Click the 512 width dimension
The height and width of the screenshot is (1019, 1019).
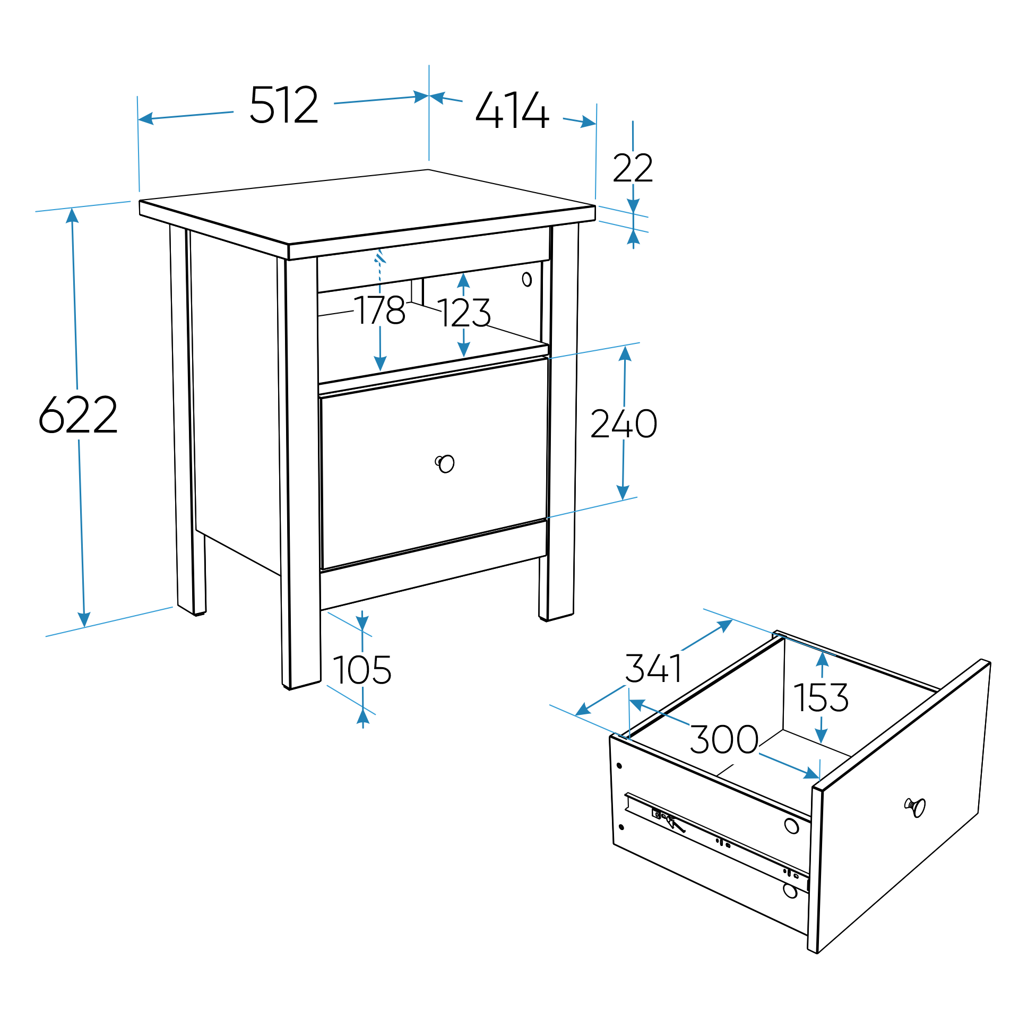(284, 105)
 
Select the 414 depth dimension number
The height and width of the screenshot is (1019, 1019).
(512, 110)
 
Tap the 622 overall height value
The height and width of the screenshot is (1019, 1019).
(78, 414)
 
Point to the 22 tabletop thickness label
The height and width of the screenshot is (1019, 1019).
(633, 168)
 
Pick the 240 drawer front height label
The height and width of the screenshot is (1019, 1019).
(624, 424)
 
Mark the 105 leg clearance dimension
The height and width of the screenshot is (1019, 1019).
(362, 670)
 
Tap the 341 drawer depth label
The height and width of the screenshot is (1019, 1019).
(654, 668)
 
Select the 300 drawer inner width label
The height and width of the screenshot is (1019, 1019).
(724, 739)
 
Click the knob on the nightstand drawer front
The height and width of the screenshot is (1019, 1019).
(445, 463)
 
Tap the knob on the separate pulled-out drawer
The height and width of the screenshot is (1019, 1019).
(916, 807)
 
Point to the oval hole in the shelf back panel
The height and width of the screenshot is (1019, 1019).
(526, 279)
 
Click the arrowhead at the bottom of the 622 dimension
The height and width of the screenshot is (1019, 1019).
(84, 619)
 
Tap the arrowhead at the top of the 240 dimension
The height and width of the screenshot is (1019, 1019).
(625, 353)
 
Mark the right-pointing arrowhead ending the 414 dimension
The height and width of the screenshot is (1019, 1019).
(588, 122)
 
